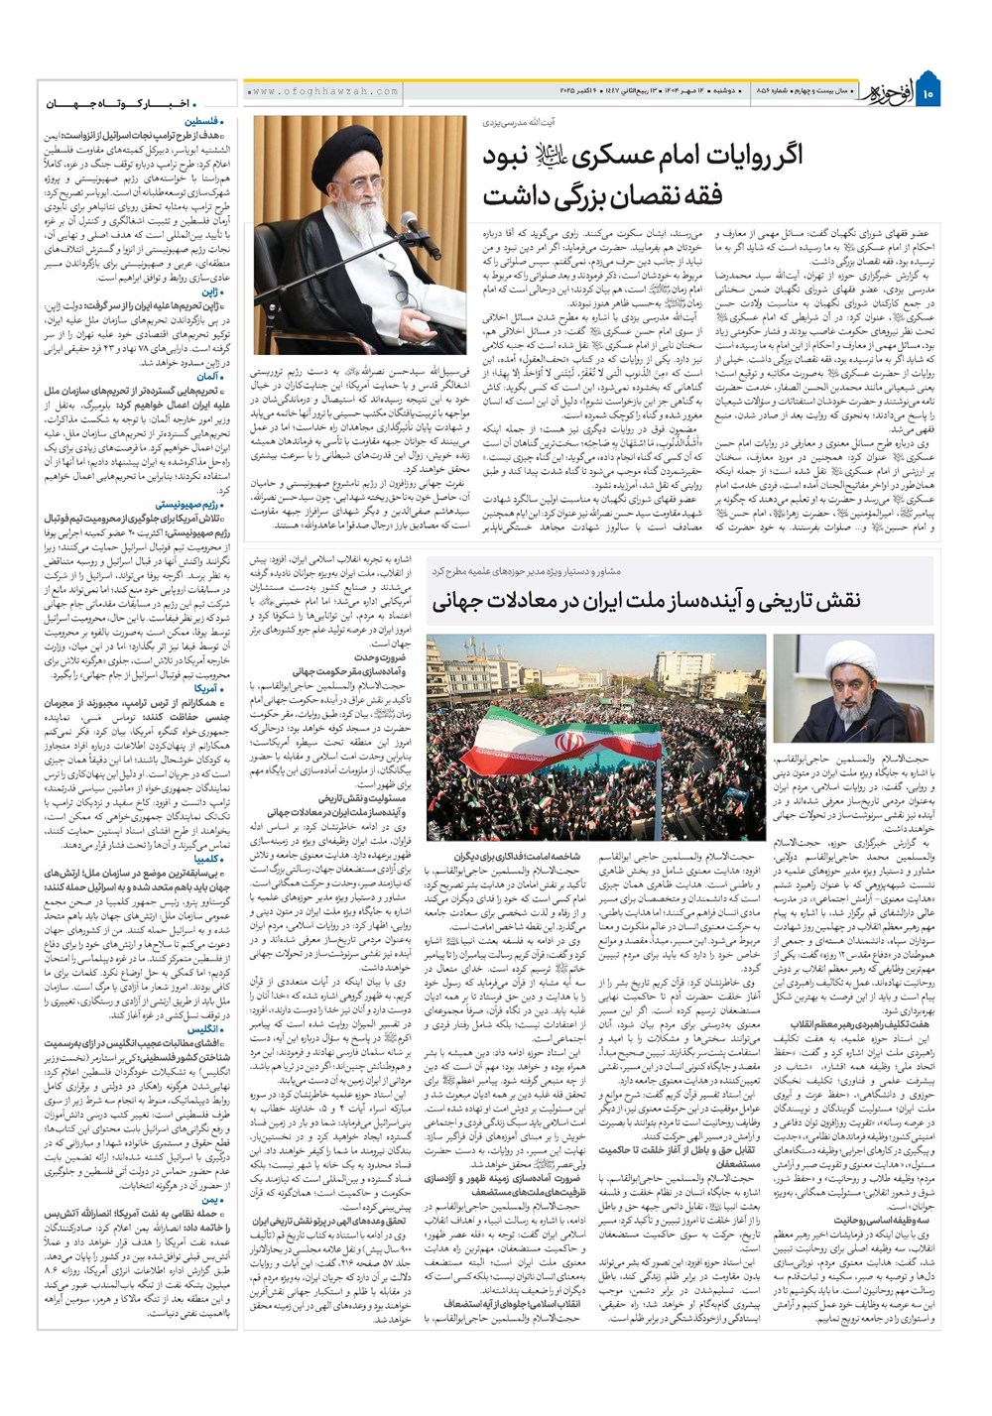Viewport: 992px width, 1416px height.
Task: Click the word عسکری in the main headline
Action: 619,156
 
